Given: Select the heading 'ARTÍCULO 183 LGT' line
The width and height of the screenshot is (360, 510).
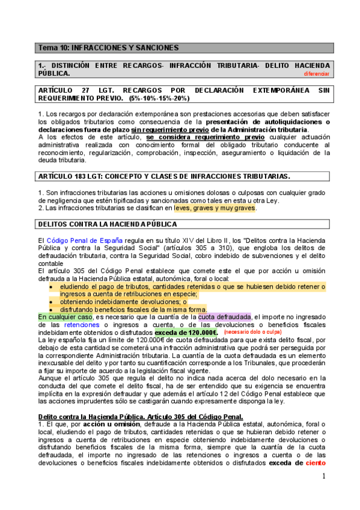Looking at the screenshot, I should tap(163, 176).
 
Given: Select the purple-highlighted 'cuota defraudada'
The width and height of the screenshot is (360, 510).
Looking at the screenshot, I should tap(224, 316).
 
